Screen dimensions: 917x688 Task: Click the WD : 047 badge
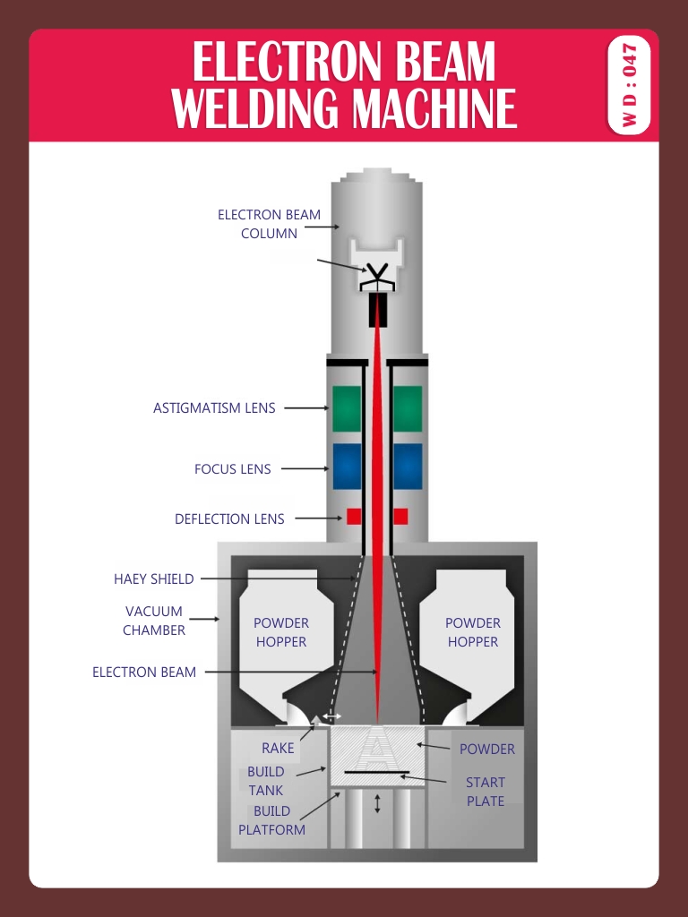(x=631, y=85)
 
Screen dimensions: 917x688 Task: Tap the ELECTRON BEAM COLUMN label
(x=269, y=224)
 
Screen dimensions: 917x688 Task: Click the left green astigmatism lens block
(x=347, y=408)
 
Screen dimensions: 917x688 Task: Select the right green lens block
(x=408, y=408)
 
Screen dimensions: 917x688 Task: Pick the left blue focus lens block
(x=347, y=466)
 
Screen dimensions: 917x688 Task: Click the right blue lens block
(x=408, y=466)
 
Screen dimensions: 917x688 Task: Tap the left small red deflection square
(x=354, y=517)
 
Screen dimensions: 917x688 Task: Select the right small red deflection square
(x=400, y=517)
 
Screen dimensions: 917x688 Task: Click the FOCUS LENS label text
(x=232, y=468)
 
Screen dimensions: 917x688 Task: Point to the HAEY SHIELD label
(x=153, y=578)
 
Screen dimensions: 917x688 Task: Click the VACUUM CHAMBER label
(x=154, y=621)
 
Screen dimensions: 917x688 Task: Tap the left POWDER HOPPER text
(x=280, y=632)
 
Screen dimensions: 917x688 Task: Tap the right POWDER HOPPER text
(x=472, y=632)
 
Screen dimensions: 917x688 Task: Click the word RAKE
(x=278, y=748)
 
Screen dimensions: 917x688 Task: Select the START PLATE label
(x=485, y=792)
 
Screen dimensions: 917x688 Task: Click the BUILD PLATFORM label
(x=271, y=820)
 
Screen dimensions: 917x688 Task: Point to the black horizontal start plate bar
(x=377, y=771)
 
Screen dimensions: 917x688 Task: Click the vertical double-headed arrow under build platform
(x=377, y=802)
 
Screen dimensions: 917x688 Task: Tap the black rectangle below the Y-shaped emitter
(x=378, y=310)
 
